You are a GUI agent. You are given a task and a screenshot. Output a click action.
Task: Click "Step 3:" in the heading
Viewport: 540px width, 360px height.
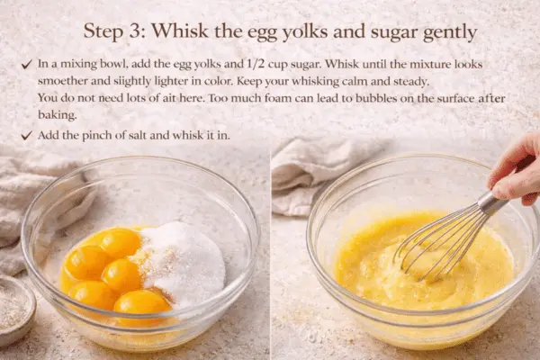114,31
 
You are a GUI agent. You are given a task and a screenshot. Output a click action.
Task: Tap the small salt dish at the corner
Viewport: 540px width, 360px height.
13,306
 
